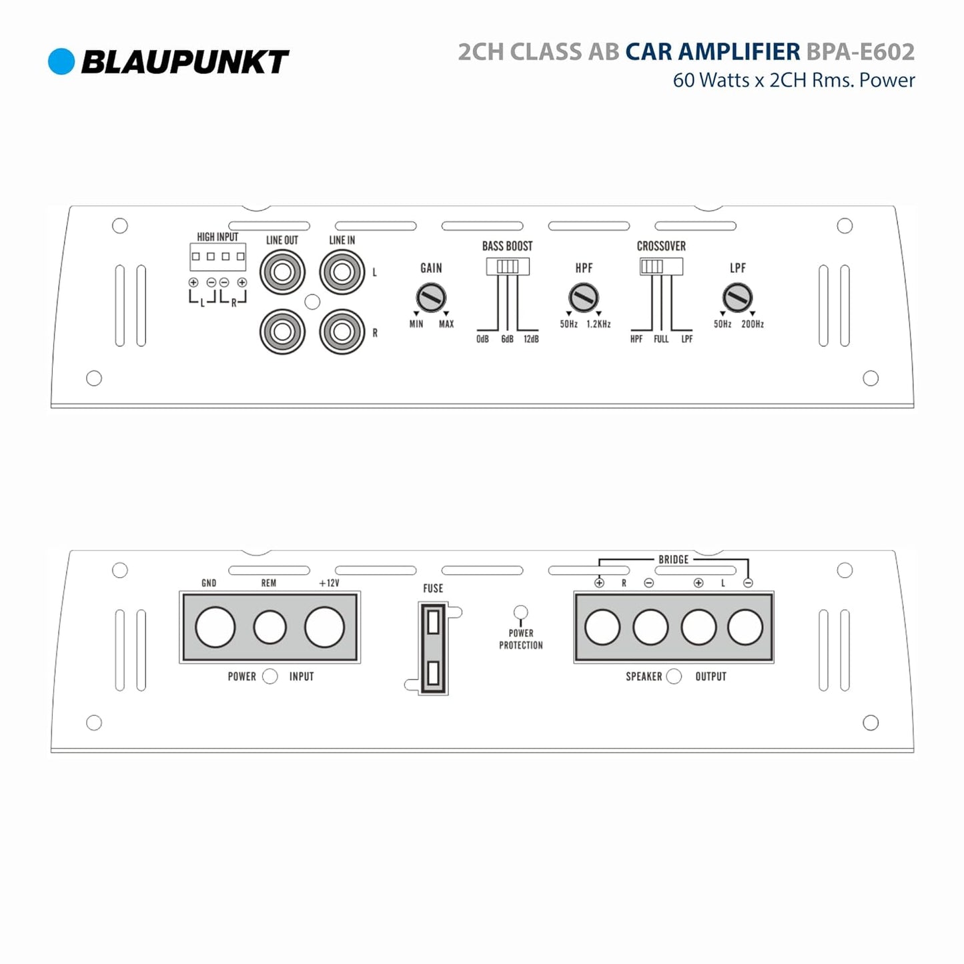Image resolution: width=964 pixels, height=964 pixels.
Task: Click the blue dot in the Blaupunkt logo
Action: click(61, 61)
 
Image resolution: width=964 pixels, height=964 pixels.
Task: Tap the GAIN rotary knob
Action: click(431, 298)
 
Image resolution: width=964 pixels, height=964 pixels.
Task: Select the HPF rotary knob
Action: click(583, 298)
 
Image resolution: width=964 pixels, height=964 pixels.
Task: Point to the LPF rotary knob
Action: click(737, 298)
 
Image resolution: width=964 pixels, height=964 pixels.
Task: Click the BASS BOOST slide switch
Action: click(508, 266)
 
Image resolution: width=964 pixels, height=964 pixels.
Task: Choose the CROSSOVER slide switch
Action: click(661, 266)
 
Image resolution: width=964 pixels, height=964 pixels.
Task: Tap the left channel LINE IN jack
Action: click(342, 272)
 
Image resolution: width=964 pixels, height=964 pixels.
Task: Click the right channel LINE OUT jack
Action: click(282, 332)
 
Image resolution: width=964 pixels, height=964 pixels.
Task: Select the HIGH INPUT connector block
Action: click(217, 257)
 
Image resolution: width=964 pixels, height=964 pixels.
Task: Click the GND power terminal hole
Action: click(215, 627)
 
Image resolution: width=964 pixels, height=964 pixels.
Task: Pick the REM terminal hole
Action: click(270, 627)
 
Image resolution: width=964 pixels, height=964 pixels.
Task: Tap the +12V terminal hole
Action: click(325, 627)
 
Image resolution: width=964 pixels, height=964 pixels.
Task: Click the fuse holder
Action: click(433, 648)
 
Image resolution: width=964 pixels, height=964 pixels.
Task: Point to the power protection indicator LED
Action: click(521, 612)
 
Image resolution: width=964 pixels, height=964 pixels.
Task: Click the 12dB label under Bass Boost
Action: click(531, 339)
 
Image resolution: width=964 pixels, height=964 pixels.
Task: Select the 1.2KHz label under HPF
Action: click(598, 324)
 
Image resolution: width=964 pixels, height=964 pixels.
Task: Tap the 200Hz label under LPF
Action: click(753, 324)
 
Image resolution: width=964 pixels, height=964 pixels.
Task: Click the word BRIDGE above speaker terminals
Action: click(673, 559)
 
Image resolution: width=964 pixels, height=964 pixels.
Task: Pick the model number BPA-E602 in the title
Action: click(861, 52)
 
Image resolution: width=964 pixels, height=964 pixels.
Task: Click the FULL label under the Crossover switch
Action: click(661, 339)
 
